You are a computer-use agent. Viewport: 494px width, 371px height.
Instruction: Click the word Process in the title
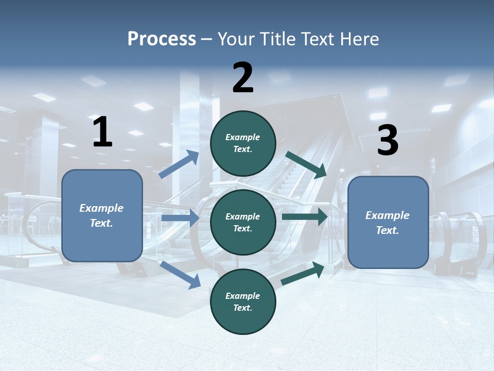(x=162, y=39)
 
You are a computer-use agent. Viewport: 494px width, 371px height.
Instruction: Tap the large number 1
(x=102, y=132)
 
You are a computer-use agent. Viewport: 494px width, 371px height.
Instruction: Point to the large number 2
(x=243, y=78)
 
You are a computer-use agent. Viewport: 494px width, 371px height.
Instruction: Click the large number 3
(x=387, y=140)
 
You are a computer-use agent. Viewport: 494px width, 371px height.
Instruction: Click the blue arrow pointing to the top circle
(x=179, y=164)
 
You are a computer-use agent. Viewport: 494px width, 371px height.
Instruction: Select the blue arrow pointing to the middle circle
(x=180, y=218)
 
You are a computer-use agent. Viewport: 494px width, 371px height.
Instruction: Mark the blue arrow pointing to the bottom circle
(x=181, y=274)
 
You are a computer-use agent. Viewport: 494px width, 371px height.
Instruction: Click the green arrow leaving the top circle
(x=306, y=164)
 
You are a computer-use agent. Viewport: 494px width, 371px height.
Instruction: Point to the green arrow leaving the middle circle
(x=305, y=216)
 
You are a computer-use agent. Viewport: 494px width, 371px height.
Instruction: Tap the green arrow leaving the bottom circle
(x=303, y=274)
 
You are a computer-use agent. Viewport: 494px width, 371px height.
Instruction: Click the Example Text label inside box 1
(x=101, y=215)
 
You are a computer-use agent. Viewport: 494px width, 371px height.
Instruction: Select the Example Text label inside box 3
(x=387, y=223)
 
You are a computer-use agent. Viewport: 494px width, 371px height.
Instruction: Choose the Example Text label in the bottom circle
(x=243, y=301)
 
